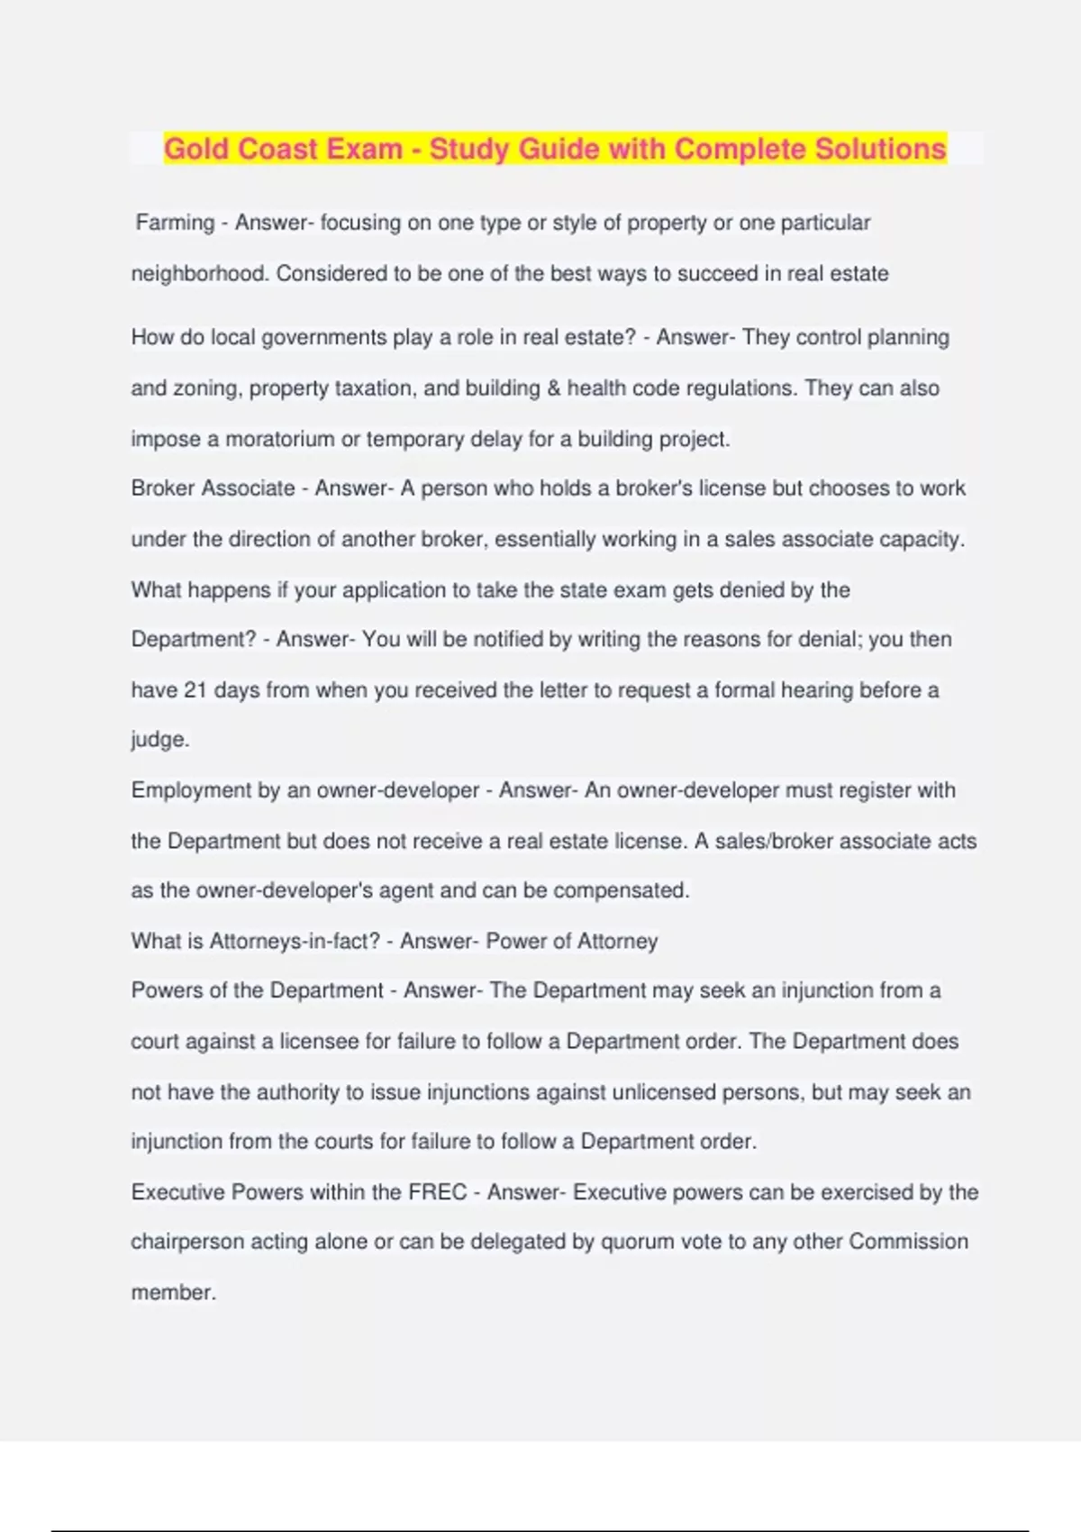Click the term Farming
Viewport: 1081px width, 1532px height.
(x=175, y=223)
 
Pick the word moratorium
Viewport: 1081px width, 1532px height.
(x=279, y=440)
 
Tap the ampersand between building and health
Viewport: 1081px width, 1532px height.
(x=553, y=388)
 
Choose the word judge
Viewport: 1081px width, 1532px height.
(x=159, y=740)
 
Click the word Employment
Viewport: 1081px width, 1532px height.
(x=191, y=790)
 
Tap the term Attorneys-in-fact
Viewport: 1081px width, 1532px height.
(x=295, y=942)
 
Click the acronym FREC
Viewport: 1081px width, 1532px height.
(x=438, y=1192)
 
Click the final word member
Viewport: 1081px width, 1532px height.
(x=173, y=1292)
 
